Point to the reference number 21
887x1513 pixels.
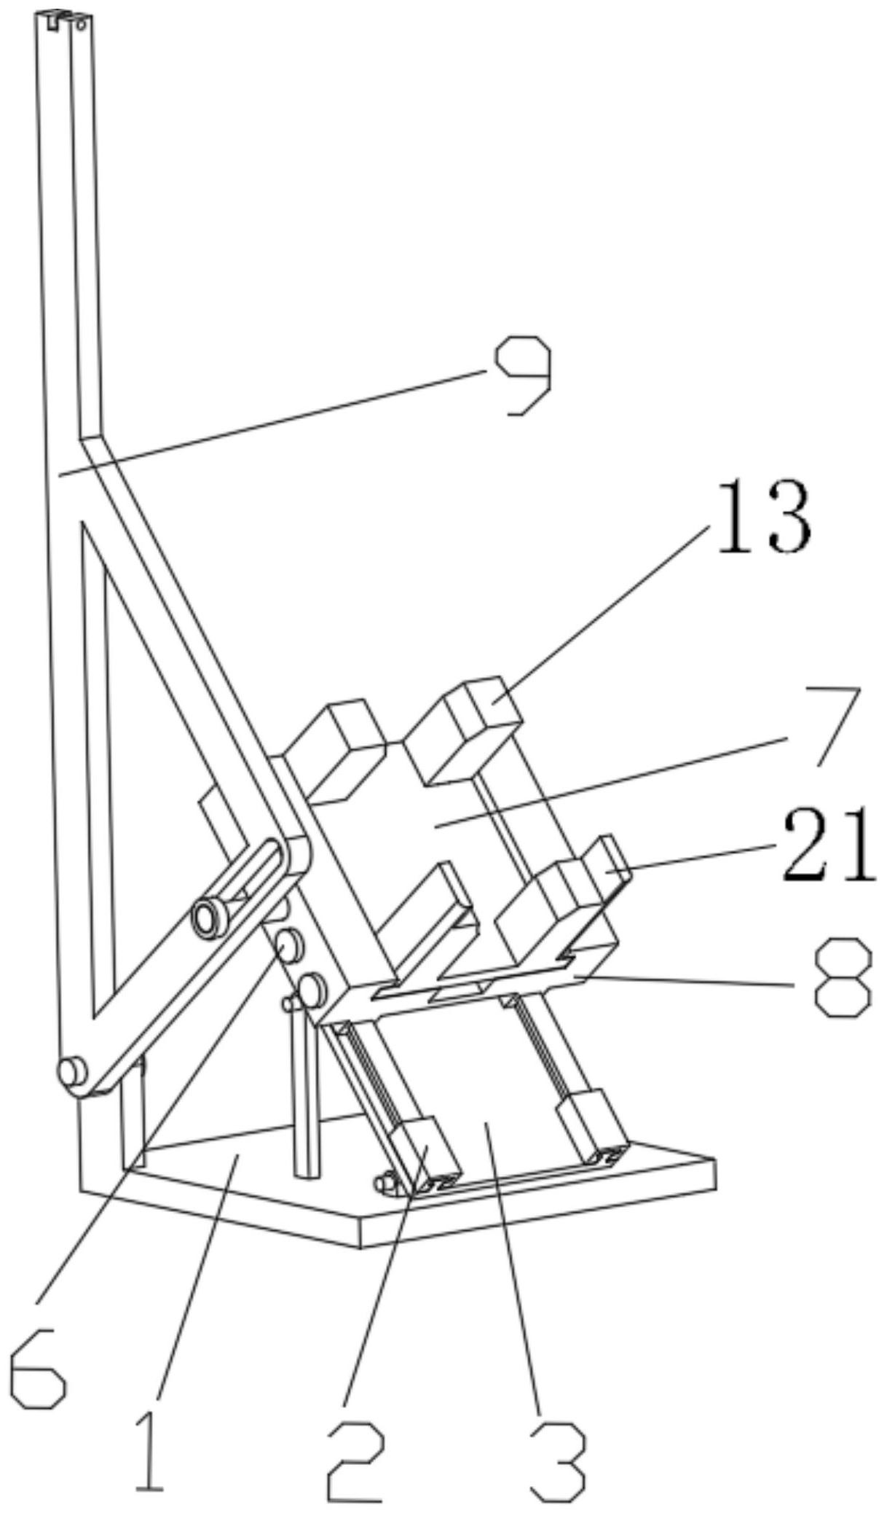click(828, 843)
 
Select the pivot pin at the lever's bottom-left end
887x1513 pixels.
click(71, 1072)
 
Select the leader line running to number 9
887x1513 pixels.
click(269, 423)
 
